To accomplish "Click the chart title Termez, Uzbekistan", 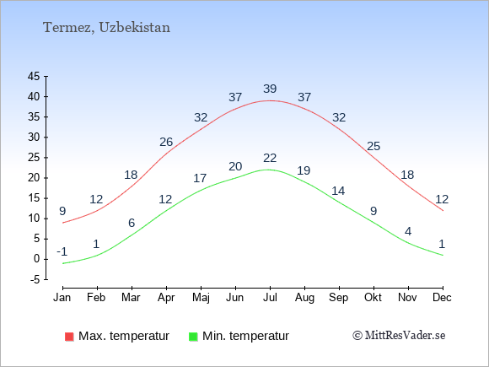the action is [x=106, y=28].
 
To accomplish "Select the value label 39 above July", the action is [x=270, y=89].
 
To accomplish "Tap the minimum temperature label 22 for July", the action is [x=270, y=159].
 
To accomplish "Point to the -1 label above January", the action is [x=62, y=251].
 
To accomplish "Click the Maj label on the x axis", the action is [x=201, y=298].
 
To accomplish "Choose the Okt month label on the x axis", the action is [x=373, y=298].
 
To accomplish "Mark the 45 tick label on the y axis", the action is [x=34, y=76].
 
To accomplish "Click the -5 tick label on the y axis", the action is [x=35, y=279].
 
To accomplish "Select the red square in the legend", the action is [x=69, y=337].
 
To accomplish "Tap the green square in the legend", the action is [x=193, y=337].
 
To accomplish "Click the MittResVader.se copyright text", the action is [x=399, y=336].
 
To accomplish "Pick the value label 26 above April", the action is [x=166, y=142].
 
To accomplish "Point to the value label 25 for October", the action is [x=373, y=146].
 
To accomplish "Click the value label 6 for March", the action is [x=132, y=223].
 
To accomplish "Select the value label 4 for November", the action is [x=408, y=231].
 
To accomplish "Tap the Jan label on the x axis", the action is [x=62, y=298].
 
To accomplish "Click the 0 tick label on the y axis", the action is [x=37, y=259].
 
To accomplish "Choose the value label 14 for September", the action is [x=338, y=191].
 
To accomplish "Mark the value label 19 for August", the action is [x=304, y=170].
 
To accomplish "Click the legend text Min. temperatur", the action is [x=245, y=336].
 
